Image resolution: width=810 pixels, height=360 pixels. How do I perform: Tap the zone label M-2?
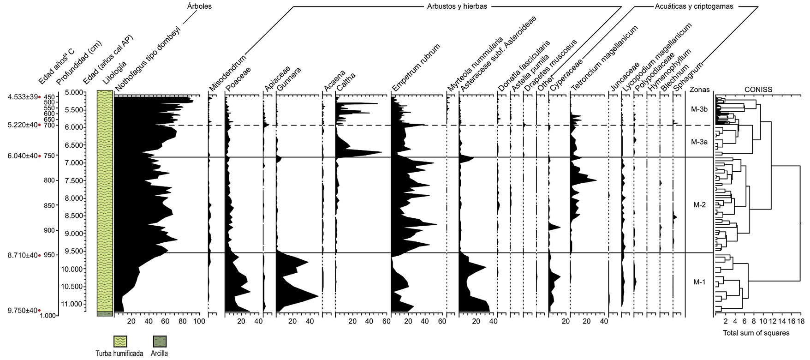700,205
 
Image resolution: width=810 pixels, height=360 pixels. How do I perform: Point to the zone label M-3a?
699,142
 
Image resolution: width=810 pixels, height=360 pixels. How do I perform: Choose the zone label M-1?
699,282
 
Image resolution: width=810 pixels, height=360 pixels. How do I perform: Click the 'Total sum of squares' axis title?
756,333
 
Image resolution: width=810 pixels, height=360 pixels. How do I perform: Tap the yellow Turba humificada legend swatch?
121,342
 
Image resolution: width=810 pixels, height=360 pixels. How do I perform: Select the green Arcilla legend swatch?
160,342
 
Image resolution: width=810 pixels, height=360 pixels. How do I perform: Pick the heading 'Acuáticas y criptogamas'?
694,6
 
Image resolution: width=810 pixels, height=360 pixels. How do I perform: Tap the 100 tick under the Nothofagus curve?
199,321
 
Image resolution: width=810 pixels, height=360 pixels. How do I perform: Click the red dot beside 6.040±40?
40,156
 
